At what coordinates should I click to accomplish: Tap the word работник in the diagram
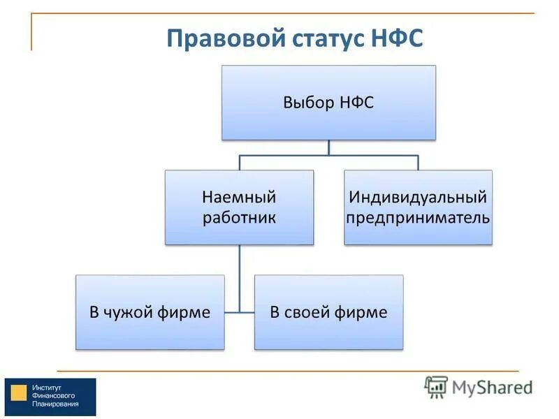[239, 217]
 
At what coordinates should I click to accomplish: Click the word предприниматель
[418, 217]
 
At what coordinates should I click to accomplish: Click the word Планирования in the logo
[55, 404]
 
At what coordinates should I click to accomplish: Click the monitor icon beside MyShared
[436, 386]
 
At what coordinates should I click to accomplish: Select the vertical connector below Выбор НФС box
[328, 147]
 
